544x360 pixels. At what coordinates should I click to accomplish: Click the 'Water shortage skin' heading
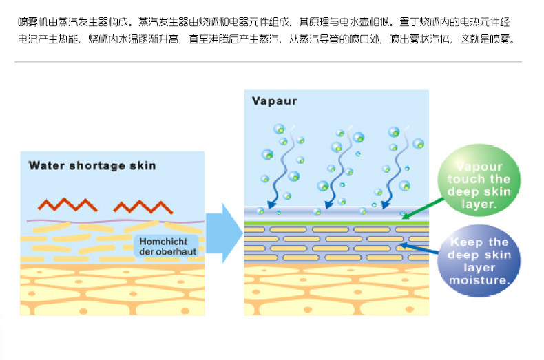point(92,165)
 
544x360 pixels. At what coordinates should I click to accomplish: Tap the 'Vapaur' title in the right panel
point(275,101)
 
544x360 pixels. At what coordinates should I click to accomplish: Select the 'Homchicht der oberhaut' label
point(167,246)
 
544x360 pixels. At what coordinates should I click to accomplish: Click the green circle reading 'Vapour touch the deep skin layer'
point(480,184)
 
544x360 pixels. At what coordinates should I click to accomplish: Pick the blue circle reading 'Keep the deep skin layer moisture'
point(479,261)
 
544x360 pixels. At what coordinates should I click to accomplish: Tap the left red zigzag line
point(67,204)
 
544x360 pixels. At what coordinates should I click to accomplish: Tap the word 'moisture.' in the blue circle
point(479,281)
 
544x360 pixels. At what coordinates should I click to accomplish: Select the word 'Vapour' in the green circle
point(480,167)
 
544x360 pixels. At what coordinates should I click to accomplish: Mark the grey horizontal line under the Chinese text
point(269,62)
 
